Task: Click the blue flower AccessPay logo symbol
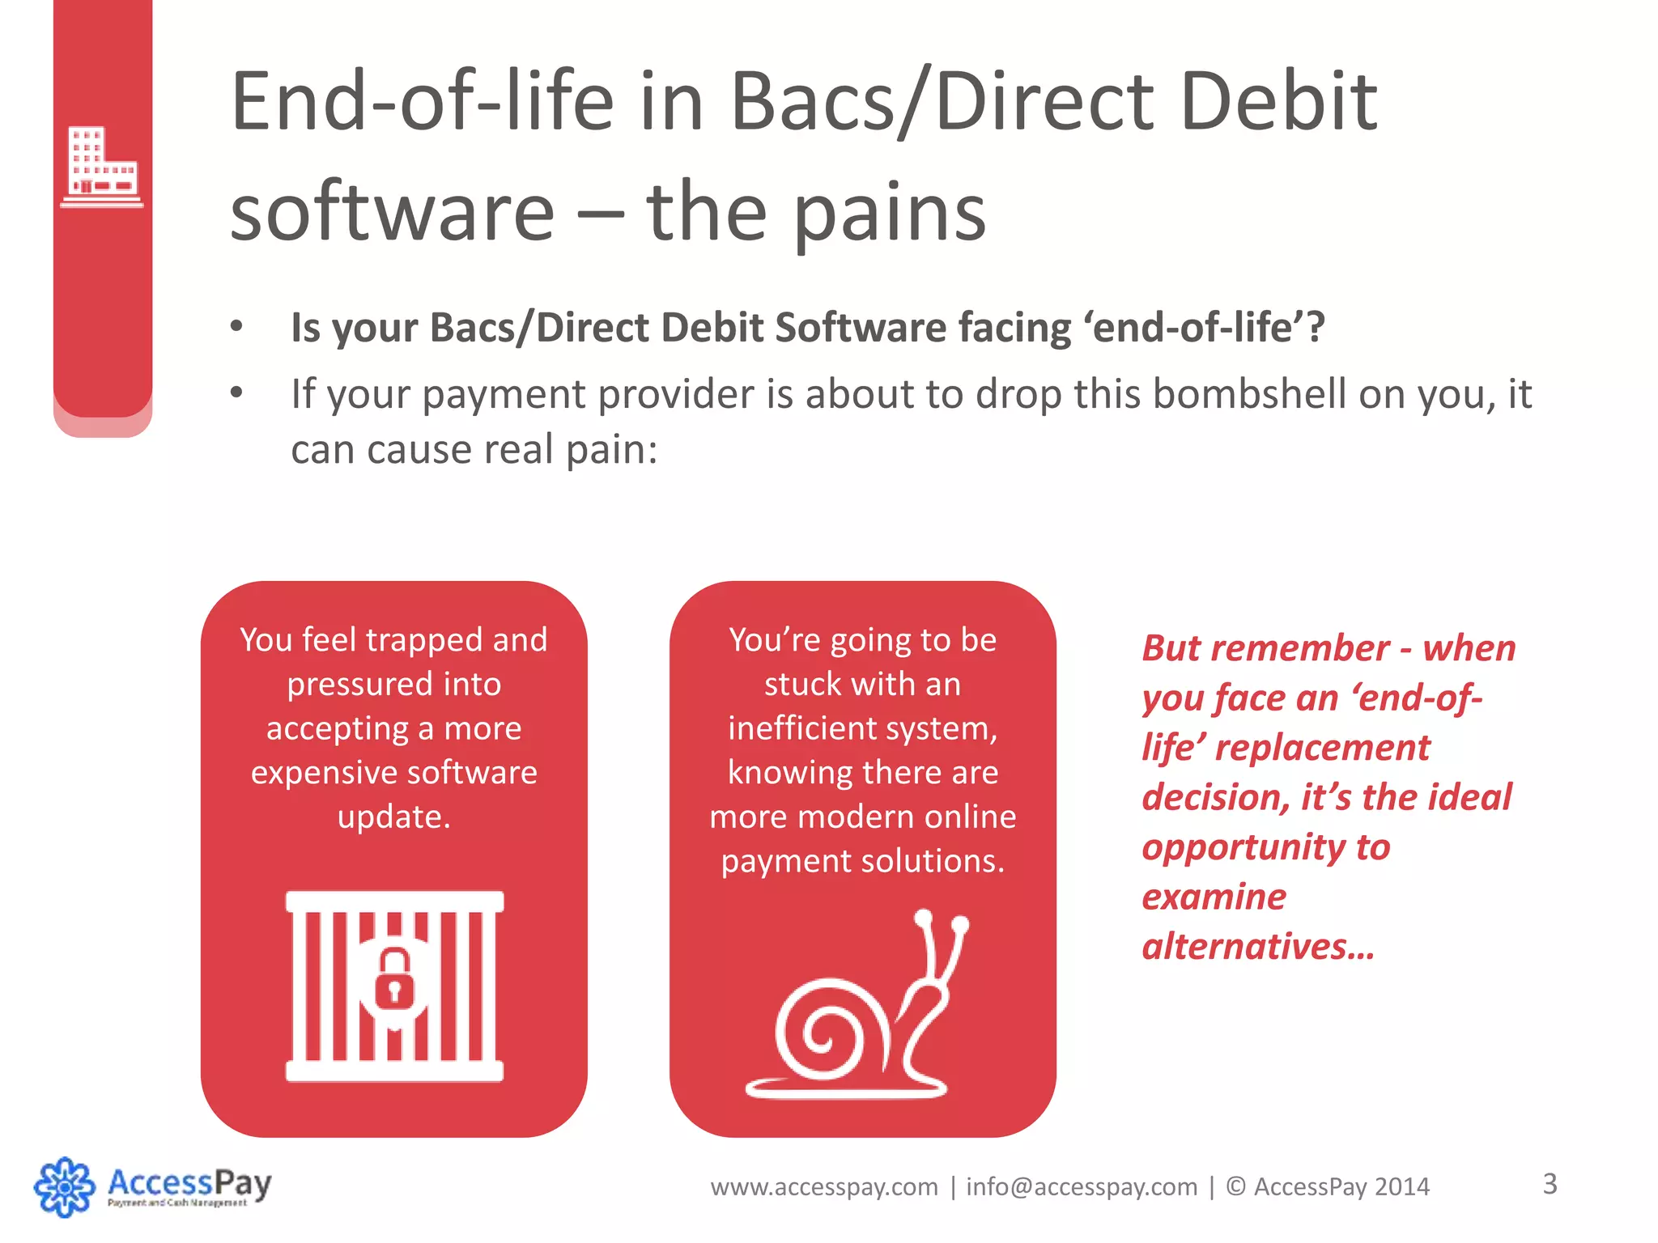click(x=64, y=1186)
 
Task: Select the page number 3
click(x=1550, y=1184)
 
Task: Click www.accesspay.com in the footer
click(x=824, y=1187)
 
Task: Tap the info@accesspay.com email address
click(x=1082, y=1187)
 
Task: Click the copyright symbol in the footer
click(x=1235, y=1187)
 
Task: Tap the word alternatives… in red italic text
click(x=1258, y=946)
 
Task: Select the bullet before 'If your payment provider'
click(x=236, y=393)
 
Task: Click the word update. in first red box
click(x=393, y=817)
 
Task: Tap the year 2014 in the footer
click(x=1402, y=1187)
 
